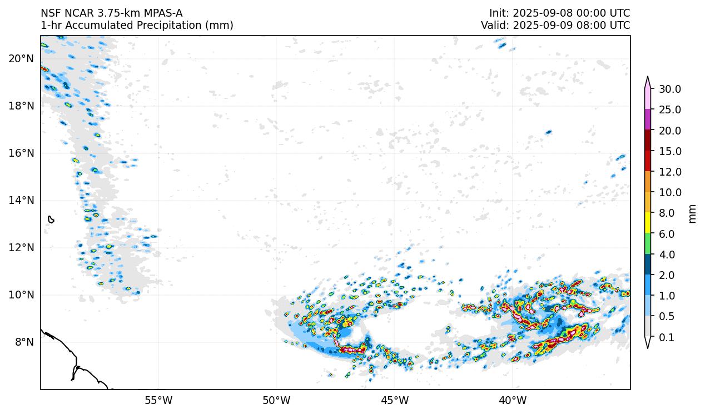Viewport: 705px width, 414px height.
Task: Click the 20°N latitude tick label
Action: (x=21, y=58)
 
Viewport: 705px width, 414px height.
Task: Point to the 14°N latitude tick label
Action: (x=21, y=200)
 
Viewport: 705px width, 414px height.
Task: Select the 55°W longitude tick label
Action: (x=158, y=400)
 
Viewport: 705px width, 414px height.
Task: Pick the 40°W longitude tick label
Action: (x=513, y=400)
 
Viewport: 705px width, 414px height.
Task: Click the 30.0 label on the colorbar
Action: (x=670, y=89)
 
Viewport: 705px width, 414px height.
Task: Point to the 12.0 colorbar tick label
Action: (x=670, y=172)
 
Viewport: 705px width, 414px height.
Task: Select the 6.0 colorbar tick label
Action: (x=668, y=234)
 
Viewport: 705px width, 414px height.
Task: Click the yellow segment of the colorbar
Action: (x=648, y=223)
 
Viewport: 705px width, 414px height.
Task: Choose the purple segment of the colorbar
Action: (x=648, y=120)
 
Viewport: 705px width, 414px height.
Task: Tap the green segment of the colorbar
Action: (x=648, y=244)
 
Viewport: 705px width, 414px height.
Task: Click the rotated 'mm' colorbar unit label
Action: (x=692, y=213)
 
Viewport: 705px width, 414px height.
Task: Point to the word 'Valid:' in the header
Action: (x=495, y=26)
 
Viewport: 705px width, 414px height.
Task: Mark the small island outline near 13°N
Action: (x=51, y=220)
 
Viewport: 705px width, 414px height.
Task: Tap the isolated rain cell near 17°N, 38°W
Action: (x=549, y=132)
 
